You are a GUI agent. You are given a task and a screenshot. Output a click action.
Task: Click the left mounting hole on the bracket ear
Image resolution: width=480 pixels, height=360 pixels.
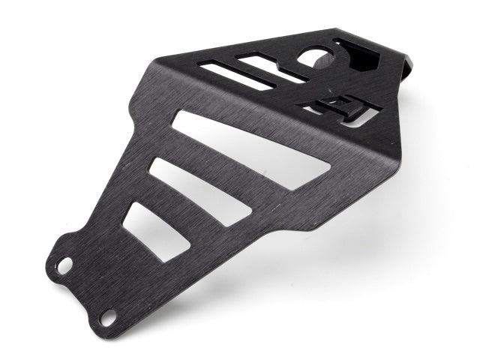pyautogui.click(x=64, y=265)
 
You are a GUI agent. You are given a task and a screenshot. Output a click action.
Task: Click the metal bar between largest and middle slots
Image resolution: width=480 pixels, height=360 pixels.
pyautogui.click(x=225, y=169)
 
